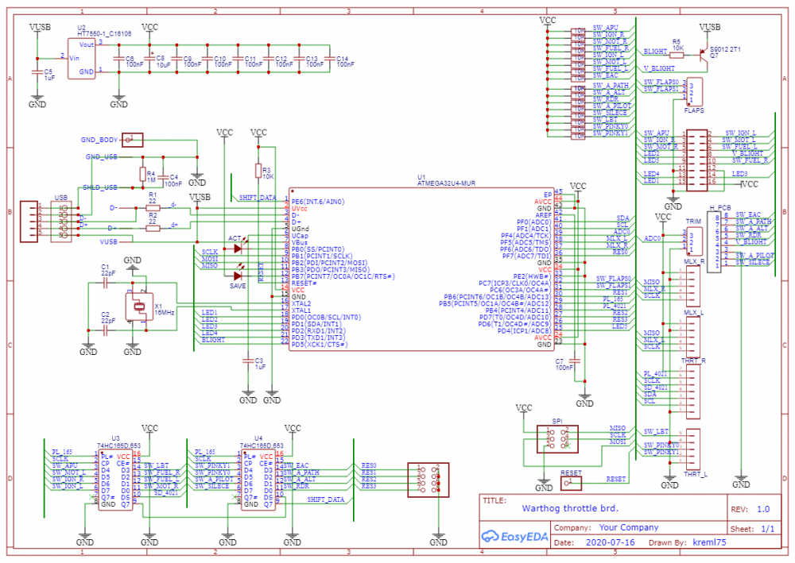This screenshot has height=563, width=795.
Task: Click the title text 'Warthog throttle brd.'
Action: click(569, 508)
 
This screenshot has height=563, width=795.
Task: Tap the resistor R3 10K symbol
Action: click(258, 170)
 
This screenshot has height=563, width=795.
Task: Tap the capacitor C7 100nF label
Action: click(564, 364)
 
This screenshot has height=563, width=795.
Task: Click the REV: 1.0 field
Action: click(750, 509)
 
